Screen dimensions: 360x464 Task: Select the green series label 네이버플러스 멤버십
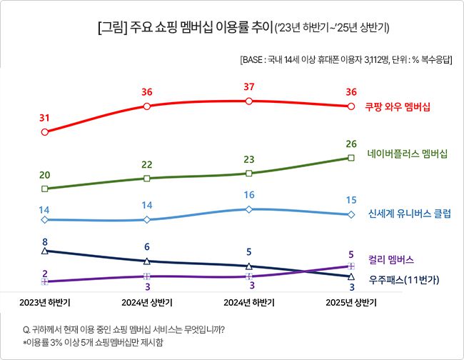407,154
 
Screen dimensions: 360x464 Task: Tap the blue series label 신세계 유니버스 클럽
410,214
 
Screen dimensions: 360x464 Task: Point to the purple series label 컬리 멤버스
391,260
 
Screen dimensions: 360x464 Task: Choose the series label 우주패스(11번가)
403,279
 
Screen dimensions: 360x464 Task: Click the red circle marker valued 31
45,132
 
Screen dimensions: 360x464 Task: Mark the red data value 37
248,86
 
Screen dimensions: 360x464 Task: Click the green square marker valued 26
350,158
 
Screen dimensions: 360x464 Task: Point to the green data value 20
45,175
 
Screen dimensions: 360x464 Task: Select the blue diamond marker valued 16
248,209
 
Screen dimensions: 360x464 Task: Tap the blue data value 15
350,200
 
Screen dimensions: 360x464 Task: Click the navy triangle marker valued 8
45,251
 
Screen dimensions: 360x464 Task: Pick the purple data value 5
350,254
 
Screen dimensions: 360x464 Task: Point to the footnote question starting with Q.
124,329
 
